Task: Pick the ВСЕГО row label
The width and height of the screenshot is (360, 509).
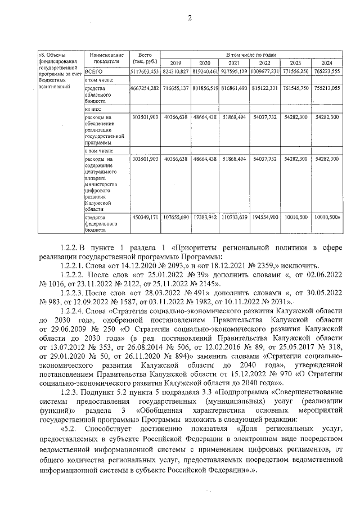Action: click(x=93, y=72)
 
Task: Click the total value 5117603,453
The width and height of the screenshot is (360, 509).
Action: click(x=145, y=72)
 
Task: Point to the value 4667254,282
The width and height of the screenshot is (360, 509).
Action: click(x=145, y=88)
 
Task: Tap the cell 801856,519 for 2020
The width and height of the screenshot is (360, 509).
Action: click(x=205, y=88)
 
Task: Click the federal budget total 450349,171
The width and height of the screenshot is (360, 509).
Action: click(x=145, y=217)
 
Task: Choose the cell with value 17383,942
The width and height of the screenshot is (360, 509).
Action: click(x=205, y=217)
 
